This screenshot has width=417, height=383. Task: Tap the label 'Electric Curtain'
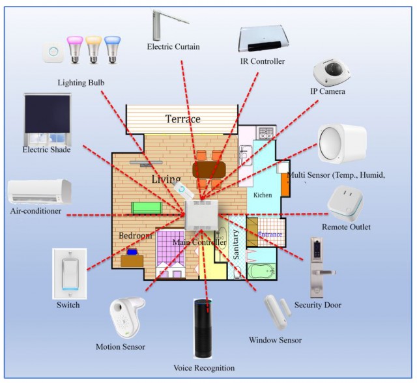(173, 47)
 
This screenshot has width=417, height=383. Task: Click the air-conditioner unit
(40, 192)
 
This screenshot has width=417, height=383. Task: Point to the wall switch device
(68, 273)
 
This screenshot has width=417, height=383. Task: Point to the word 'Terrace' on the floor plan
(182, 119)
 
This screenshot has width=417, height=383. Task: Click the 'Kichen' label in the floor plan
(263, 195)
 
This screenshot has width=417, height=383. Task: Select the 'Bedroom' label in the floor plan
(136, 236)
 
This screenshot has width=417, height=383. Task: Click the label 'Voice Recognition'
(204, 368)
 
